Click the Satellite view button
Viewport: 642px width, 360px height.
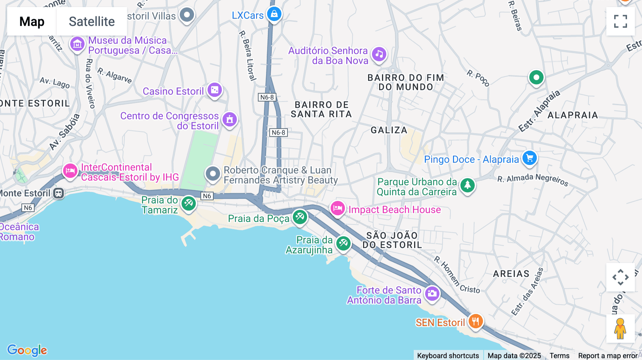tap(92, 21)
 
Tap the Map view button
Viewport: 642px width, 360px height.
tap(32, 21)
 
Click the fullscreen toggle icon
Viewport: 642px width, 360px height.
tap(620, 21)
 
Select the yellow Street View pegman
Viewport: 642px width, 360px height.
tap(620, 328)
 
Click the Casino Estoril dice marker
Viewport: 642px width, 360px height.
tap(215, 90)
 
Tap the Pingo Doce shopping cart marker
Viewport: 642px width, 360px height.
tap(529, 158)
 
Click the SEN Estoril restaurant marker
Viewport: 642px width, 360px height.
tap(475, 321)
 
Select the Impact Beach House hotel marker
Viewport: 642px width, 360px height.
tap(337, 208)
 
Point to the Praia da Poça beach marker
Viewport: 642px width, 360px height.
tap(300, 217)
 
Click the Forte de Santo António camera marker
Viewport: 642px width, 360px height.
tap(432, 293)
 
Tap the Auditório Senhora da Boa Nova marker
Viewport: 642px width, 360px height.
tap(379, 54)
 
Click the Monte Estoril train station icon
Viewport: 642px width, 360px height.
tap(58, 193)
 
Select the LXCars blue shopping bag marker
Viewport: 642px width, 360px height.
tap(274, 14)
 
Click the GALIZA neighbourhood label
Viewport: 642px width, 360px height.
tap(389, 130)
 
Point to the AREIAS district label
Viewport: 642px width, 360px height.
tap(511, 274)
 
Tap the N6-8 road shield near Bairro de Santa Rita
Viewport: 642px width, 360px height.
tap(279, 133)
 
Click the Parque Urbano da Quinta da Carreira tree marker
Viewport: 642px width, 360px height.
tap(467, 185)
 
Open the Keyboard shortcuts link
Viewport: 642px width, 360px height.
tap(448, 355)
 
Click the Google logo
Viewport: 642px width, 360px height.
tap(27, 350)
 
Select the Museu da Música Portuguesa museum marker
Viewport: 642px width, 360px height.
tap(77, 44)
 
